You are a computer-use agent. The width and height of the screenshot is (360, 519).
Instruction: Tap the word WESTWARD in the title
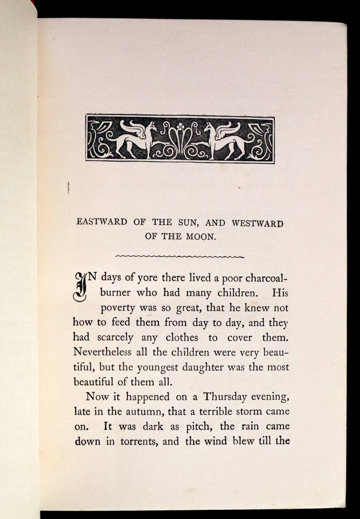click(258, 224)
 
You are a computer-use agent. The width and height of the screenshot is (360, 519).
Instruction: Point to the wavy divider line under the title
click(180, 256)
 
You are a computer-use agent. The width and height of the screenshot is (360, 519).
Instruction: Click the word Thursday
click(223, 396)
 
